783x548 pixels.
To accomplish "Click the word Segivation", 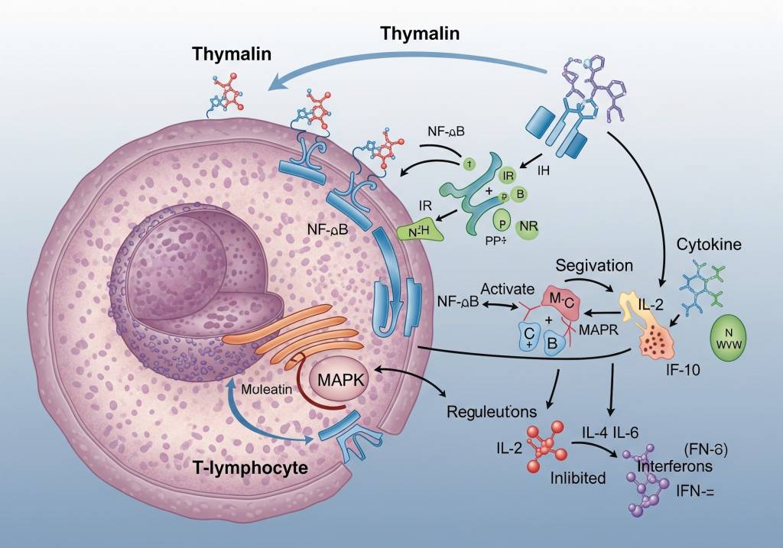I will [594, 266].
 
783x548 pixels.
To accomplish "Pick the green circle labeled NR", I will [528, 226].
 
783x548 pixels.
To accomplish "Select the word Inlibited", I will [578, 478].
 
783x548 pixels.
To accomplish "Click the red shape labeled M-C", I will [560, 300].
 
